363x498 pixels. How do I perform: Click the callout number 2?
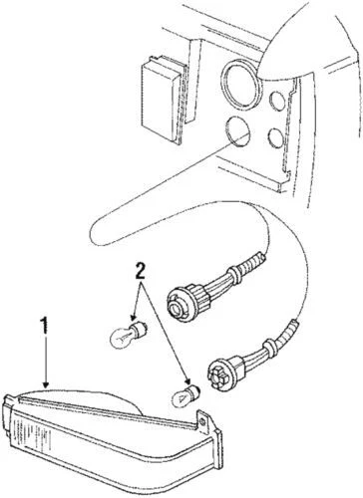tap(142, 270)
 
